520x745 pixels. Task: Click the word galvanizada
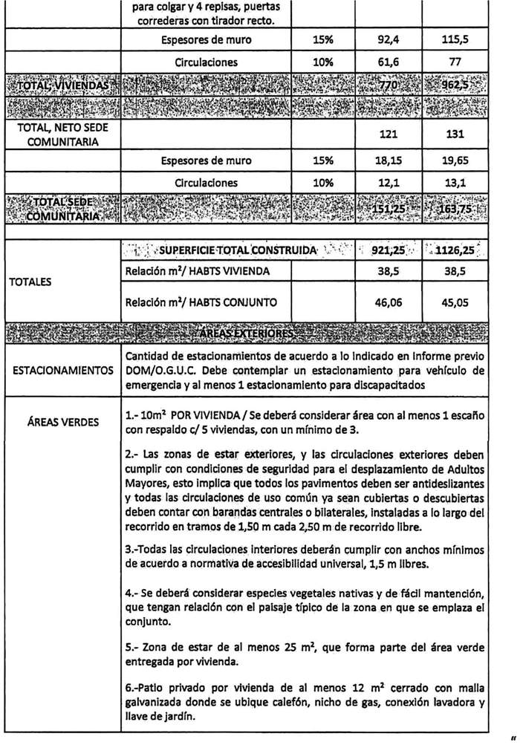[160, 703]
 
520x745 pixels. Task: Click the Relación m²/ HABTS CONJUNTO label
[202, 302]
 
